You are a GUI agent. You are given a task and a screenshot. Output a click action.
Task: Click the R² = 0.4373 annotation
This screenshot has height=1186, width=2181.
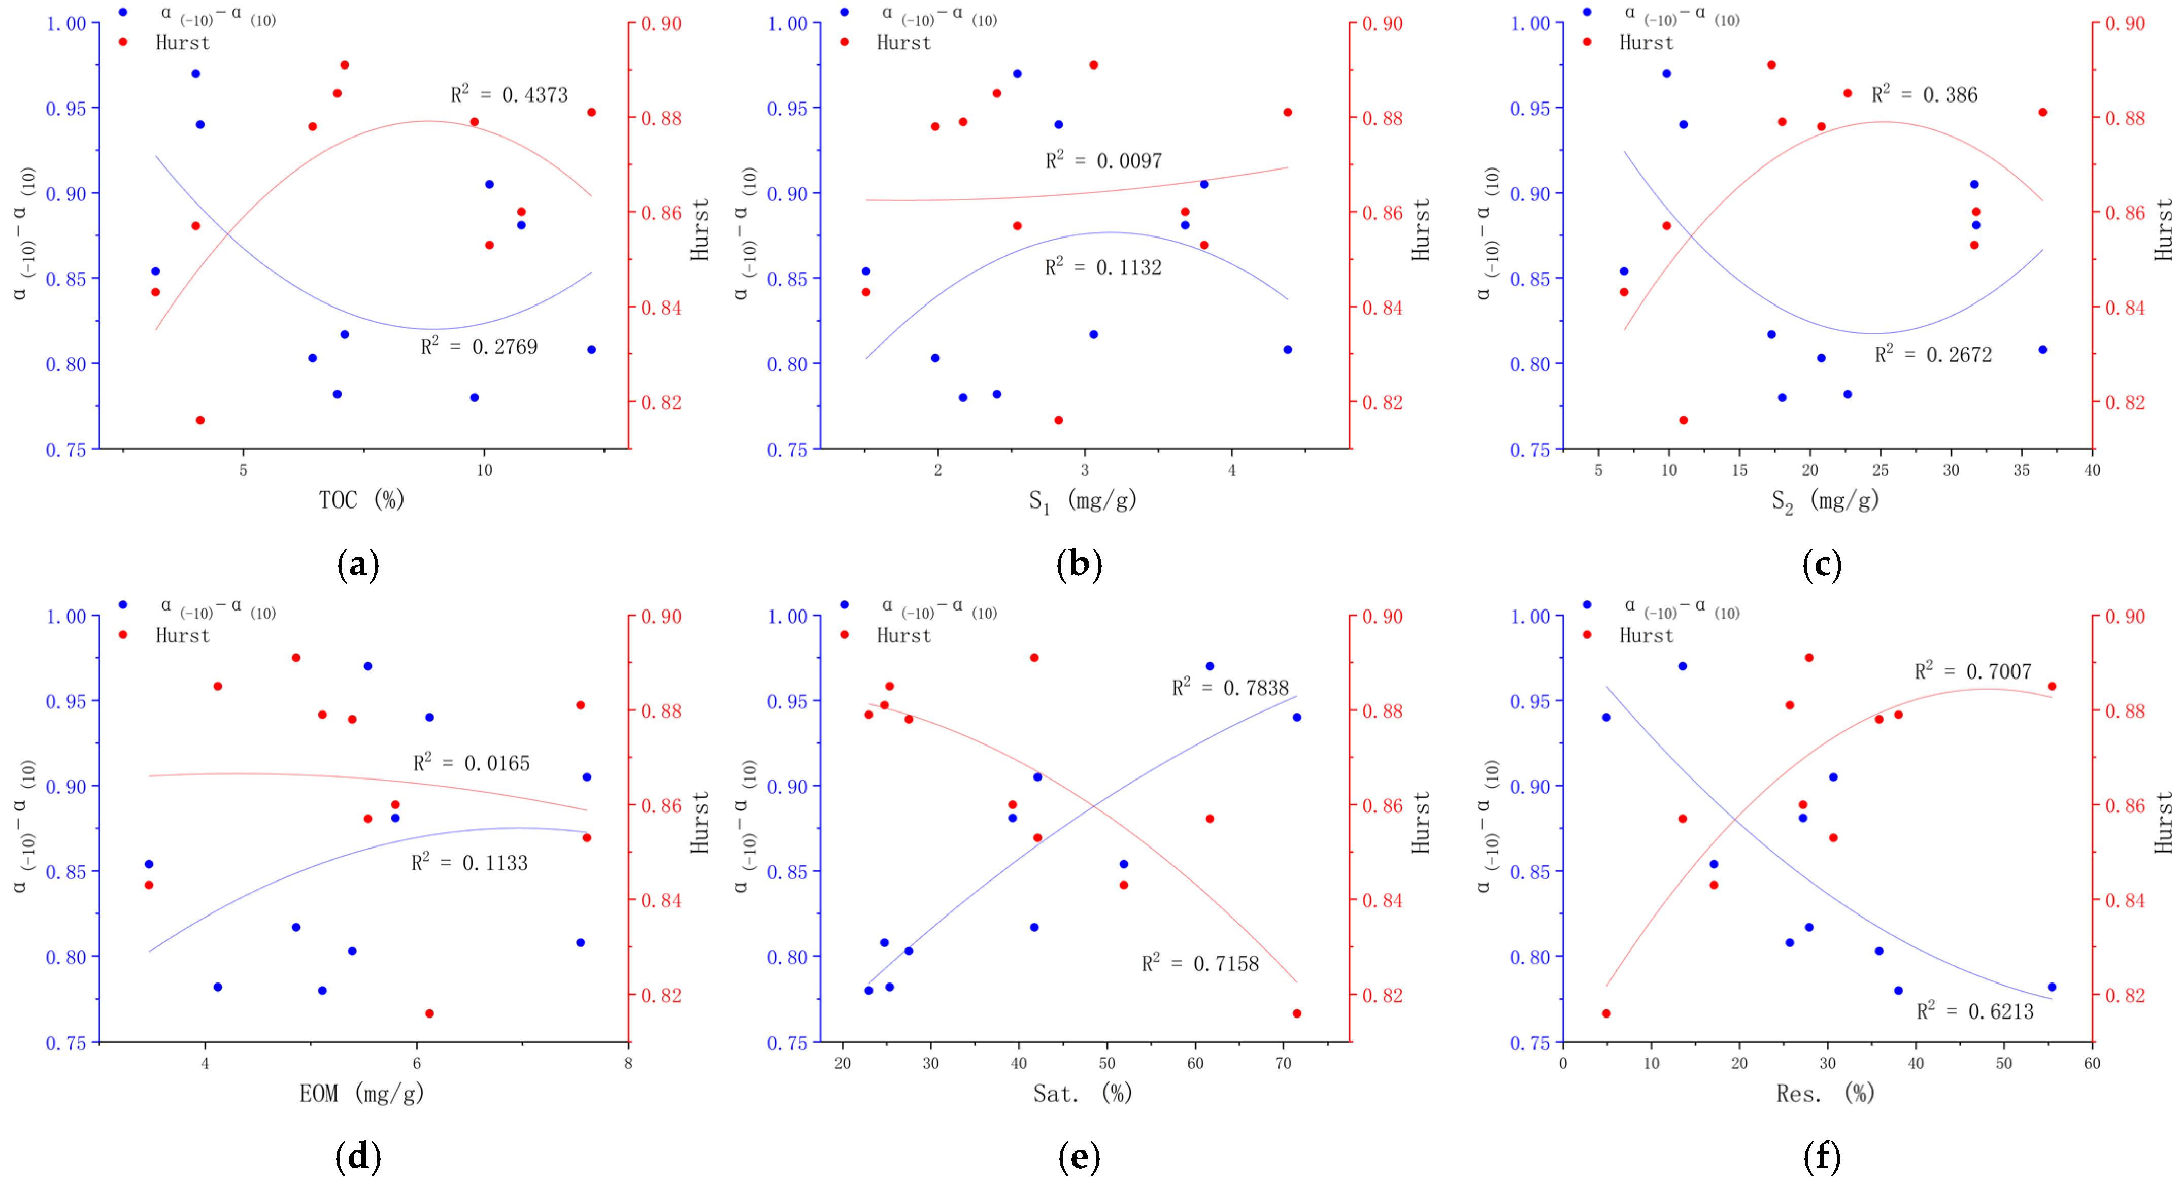pos(509,94)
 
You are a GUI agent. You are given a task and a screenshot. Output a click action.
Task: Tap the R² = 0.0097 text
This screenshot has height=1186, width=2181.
pos(1103,160)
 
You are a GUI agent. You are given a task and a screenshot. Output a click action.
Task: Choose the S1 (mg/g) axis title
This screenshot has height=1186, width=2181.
pos(1082,501)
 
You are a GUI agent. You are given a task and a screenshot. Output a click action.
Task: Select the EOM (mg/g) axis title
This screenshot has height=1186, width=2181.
pos(361,1093)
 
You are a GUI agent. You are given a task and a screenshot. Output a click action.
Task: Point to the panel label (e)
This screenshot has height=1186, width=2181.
pos(1079,1157)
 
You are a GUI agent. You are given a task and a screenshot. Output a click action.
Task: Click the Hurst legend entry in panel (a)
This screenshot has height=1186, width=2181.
pos(182,42)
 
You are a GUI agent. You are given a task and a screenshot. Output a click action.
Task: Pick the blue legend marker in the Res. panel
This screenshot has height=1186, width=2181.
pos(1587,604)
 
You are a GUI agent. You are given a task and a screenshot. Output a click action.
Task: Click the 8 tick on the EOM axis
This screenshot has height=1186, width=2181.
pos(627,1063)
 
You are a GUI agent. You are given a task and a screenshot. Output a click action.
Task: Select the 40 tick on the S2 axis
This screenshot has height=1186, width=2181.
pos(2091,470)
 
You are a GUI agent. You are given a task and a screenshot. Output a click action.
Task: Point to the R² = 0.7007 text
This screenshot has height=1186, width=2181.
pos(1973,671)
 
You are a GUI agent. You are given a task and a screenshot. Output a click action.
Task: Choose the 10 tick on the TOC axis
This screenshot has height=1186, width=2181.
pos(483,470)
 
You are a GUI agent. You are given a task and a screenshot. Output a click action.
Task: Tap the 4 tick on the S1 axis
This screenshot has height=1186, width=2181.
pos(1232,470)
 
